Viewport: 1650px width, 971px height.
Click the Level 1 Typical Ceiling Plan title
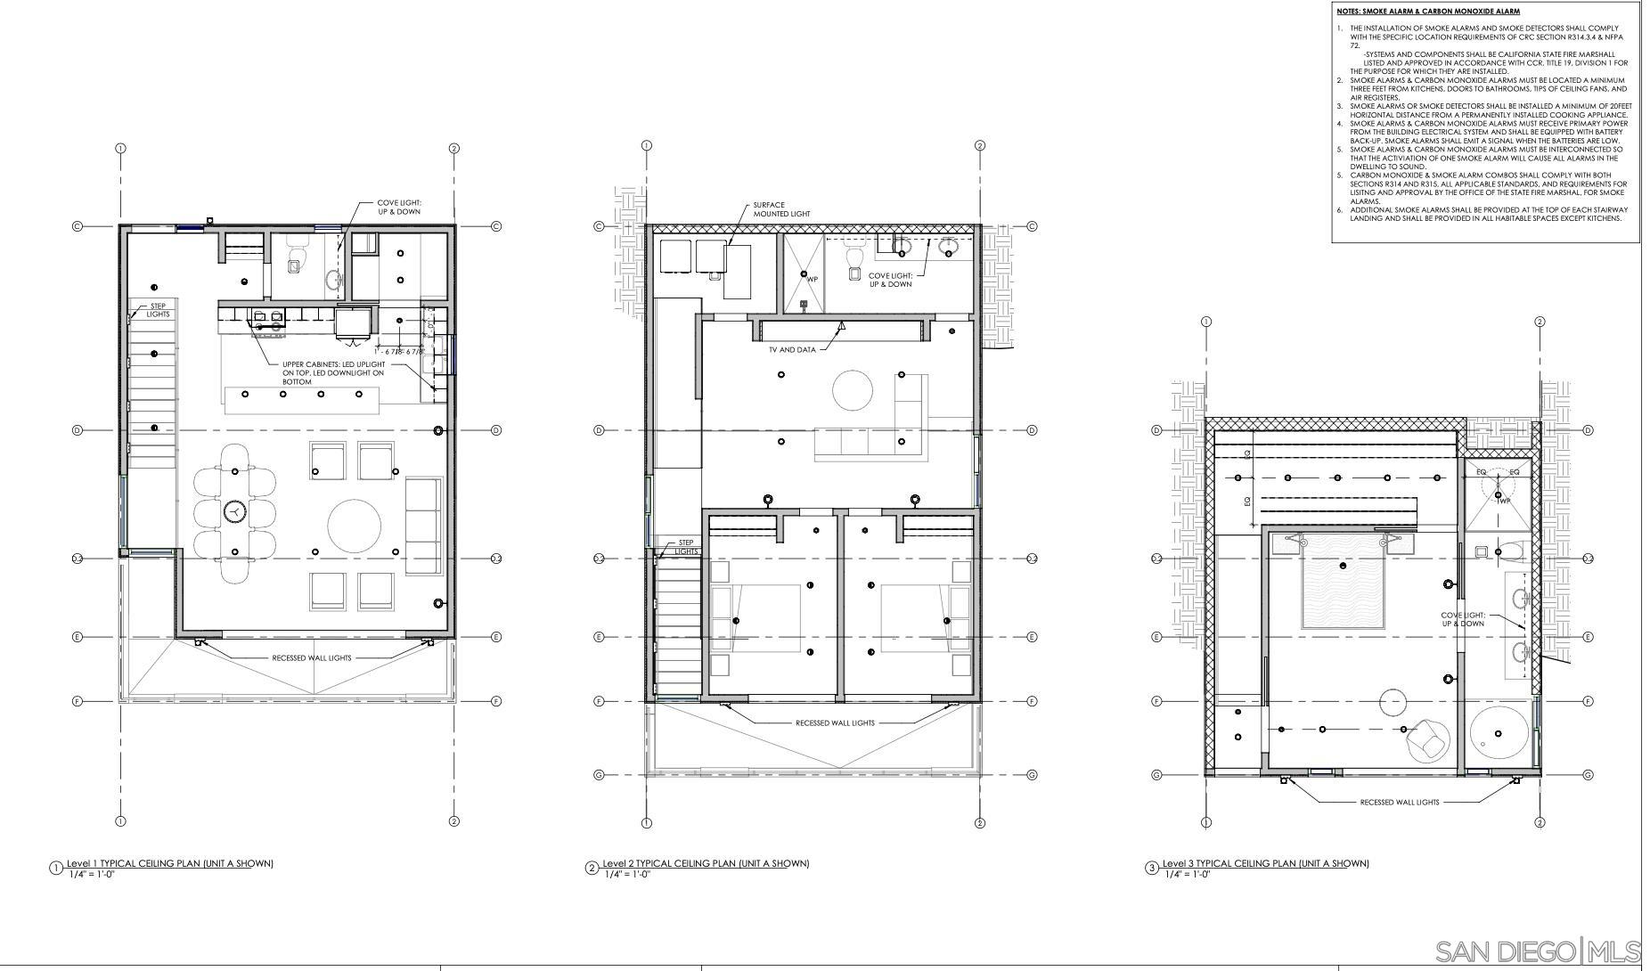(169, 863)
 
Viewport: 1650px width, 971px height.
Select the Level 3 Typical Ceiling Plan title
(1265, 863)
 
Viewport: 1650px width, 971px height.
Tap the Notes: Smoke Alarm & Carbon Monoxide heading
(1427, 12)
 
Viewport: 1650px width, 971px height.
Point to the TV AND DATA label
(792, 350)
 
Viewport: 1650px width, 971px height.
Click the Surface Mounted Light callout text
(781, 209)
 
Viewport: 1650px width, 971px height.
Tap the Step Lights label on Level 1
(158, 310)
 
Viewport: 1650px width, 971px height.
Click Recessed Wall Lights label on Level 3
(1399, 802)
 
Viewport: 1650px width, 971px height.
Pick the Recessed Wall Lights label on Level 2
(835, 723)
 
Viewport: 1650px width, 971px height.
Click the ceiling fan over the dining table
(234, 511)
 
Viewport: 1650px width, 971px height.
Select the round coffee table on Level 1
(355, 524)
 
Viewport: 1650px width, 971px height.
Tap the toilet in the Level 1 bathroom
(296, 259)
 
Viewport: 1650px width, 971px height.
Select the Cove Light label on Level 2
(890, 280)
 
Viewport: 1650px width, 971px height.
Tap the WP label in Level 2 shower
(812, 279)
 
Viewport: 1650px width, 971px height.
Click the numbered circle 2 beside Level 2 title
(592, 868)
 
